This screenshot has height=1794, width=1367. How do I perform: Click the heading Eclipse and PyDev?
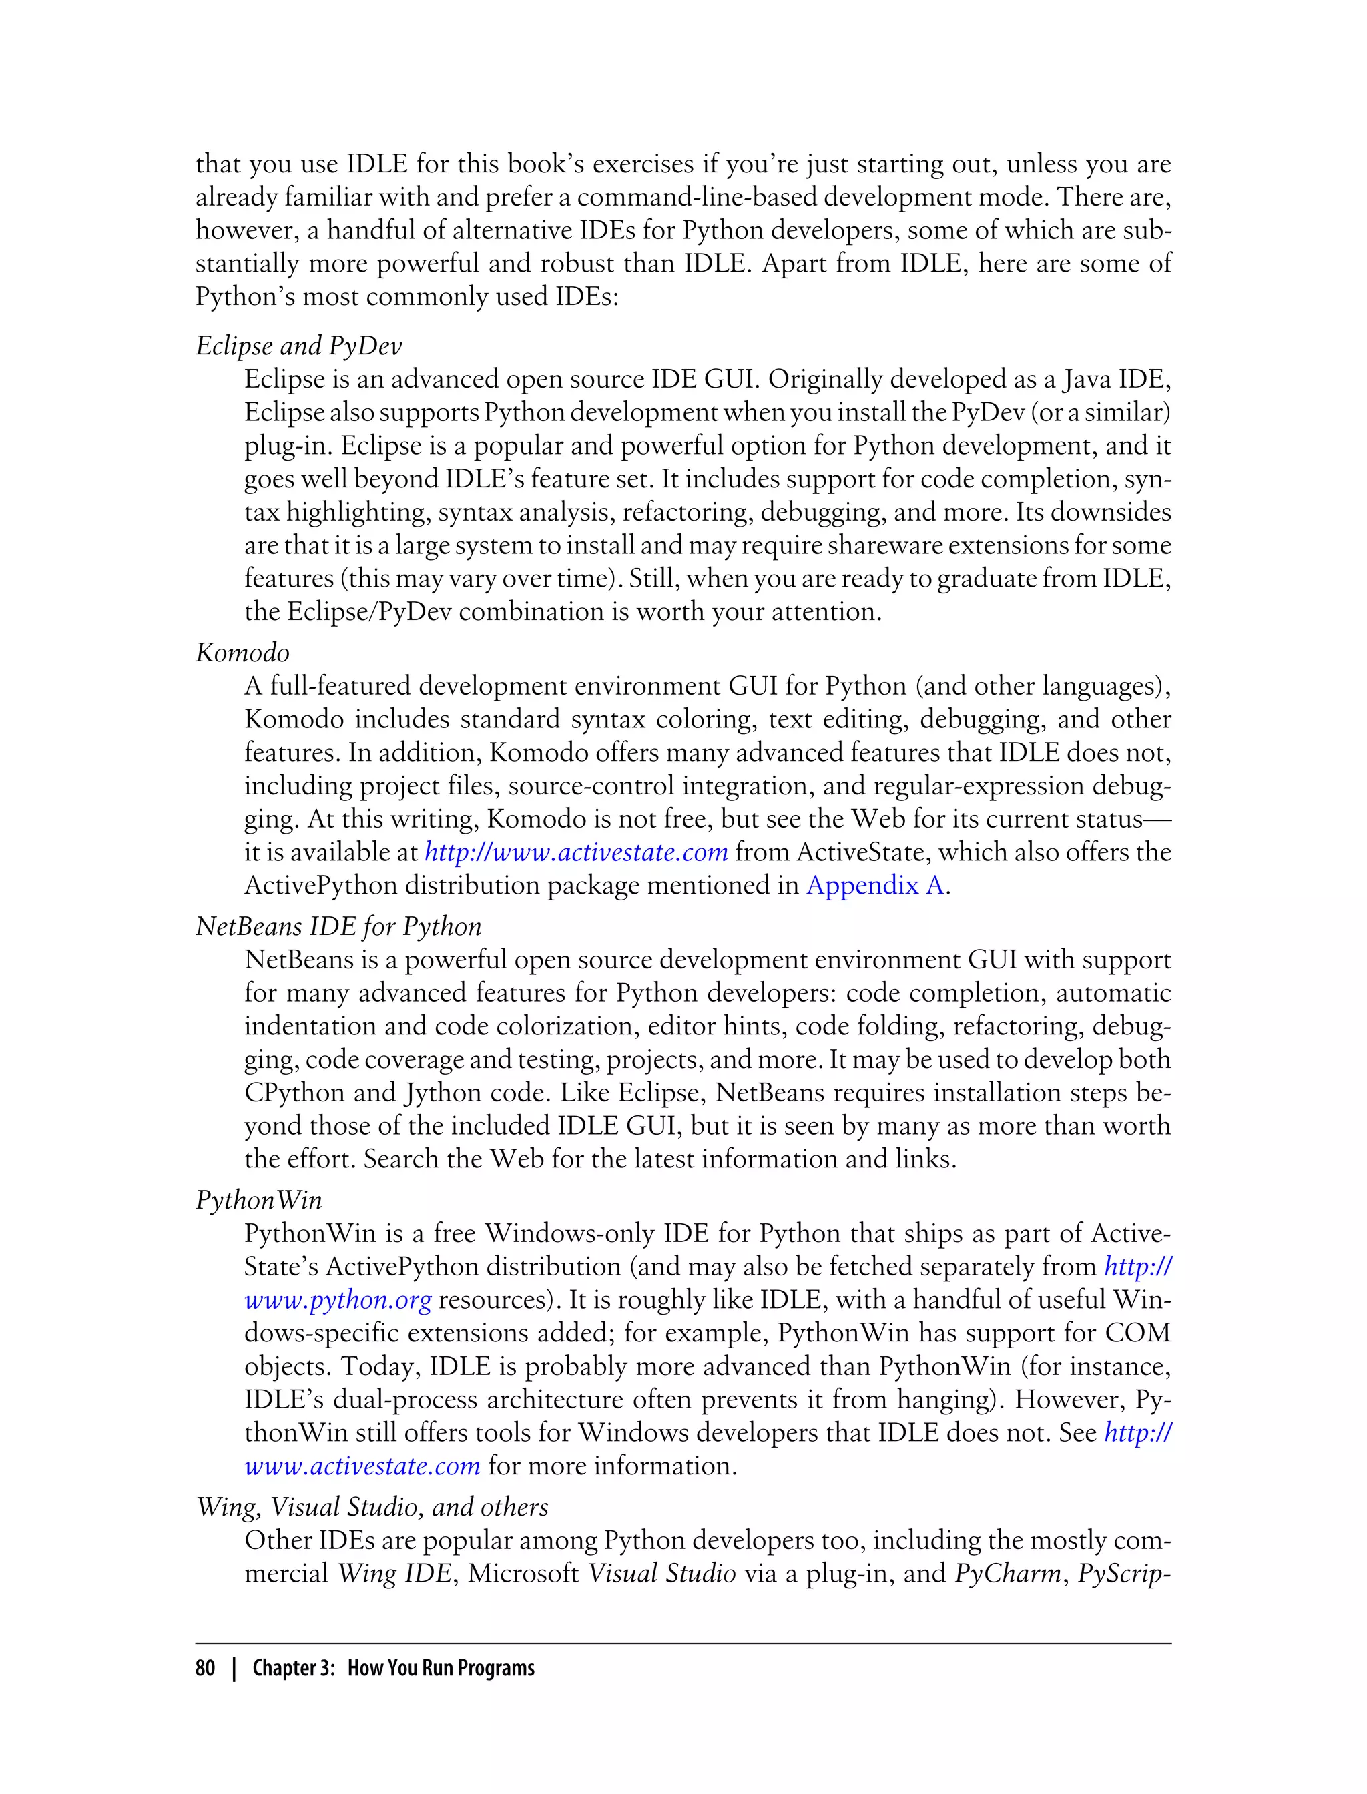[x=298, y=346]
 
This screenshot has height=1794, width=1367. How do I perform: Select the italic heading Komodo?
[x=242, y=653]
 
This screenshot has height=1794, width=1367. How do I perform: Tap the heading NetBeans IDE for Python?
[x=338, y=926]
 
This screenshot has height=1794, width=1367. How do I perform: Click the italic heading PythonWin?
[x=259, y=1201]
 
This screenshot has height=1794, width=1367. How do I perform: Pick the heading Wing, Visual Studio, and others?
[x=372, y=1507]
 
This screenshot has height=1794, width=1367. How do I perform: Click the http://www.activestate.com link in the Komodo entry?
[x=576, y=852]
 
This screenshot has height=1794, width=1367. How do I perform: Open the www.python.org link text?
[x=338, y=1300]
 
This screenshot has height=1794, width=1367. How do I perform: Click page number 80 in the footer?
[x=205, y=1668]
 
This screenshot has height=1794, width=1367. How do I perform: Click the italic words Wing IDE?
[x=394, y=1574]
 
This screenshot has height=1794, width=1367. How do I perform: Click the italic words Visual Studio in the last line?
[x=661, y=1574]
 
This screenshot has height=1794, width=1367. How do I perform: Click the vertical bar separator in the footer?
[x=234, y=1668]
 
